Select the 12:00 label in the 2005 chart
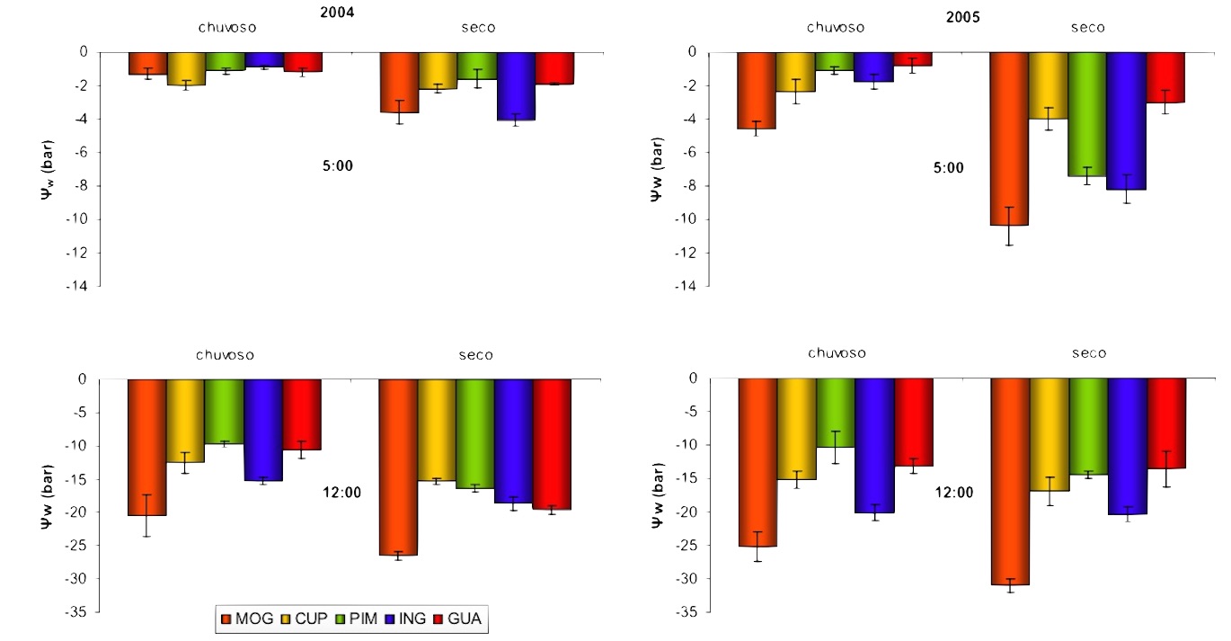[953, 492]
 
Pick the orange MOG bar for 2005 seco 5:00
[1009, 138]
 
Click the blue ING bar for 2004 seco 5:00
[516, 86]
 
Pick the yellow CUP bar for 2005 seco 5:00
[1048, 85]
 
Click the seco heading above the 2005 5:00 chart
[1087, 28]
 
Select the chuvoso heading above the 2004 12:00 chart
[223, 355]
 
